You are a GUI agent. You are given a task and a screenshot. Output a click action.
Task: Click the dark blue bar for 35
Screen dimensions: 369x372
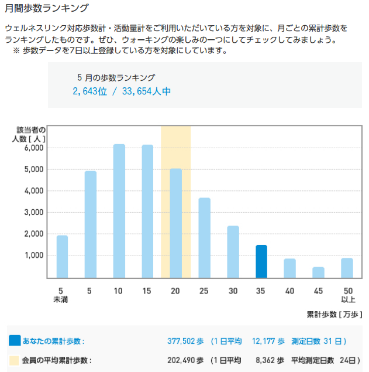261,261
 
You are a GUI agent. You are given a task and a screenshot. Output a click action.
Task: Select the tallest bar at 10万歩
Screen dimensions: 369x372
119,211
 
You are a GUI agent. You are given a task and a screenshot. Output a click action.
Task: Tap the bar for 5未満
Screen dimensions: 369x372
62,257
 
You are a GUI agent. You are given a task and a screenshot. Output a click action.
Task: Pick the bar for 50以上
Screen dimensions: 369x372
347,268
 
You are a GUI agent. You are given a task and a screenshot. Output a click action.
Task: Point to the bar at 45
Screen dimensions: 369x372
318,272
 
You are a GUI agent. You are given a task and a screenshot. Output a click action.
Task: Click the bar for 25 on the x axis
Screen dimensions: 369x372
205,238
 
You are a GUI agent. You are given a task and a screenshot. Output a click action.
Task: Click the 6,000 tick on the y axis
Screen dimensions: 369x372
34,148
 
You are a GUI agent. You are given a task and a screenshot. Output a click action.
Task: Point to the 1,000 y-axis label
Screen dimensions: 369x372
34,255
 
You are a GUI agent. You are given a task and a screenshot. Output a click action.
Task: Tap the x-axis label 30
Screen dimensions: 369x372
233,291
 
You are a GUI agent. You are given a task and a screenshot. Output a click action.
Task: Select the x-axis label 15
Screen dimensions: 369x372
147,291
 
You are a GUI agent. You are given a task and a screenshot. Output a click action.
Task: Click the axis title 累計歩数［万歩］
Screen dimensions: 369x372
334,315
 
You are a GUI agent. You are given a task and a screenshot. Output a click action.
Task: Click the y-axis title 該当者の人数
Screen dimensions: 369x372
29,134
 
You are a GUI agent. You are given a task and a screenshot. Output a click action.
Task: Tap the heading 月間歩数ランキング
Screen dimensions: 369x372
47,8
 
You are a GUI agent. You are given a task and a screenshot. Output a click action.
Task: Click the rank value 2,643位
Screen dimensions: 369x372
89,91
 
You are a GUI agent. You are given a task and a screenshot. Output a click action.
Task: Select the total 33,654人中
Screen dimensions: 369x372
146,91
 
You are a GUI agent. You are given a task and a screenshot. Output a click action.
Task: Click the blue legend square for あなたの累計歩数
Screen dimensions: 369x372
15,340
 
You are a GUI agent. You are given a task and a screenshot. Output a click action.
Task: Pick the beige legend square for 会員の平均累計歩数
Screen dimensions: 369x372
14,360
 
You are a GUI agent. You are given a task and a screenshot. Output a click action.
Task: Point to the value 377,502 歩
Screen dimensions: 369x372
185,341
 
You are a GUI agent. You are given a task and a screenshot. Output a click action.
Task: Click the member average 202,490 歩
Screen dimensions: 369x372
185,360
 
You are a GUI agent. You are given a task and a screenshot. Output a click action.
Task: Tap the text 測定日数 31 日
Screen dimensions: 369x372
316,341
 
